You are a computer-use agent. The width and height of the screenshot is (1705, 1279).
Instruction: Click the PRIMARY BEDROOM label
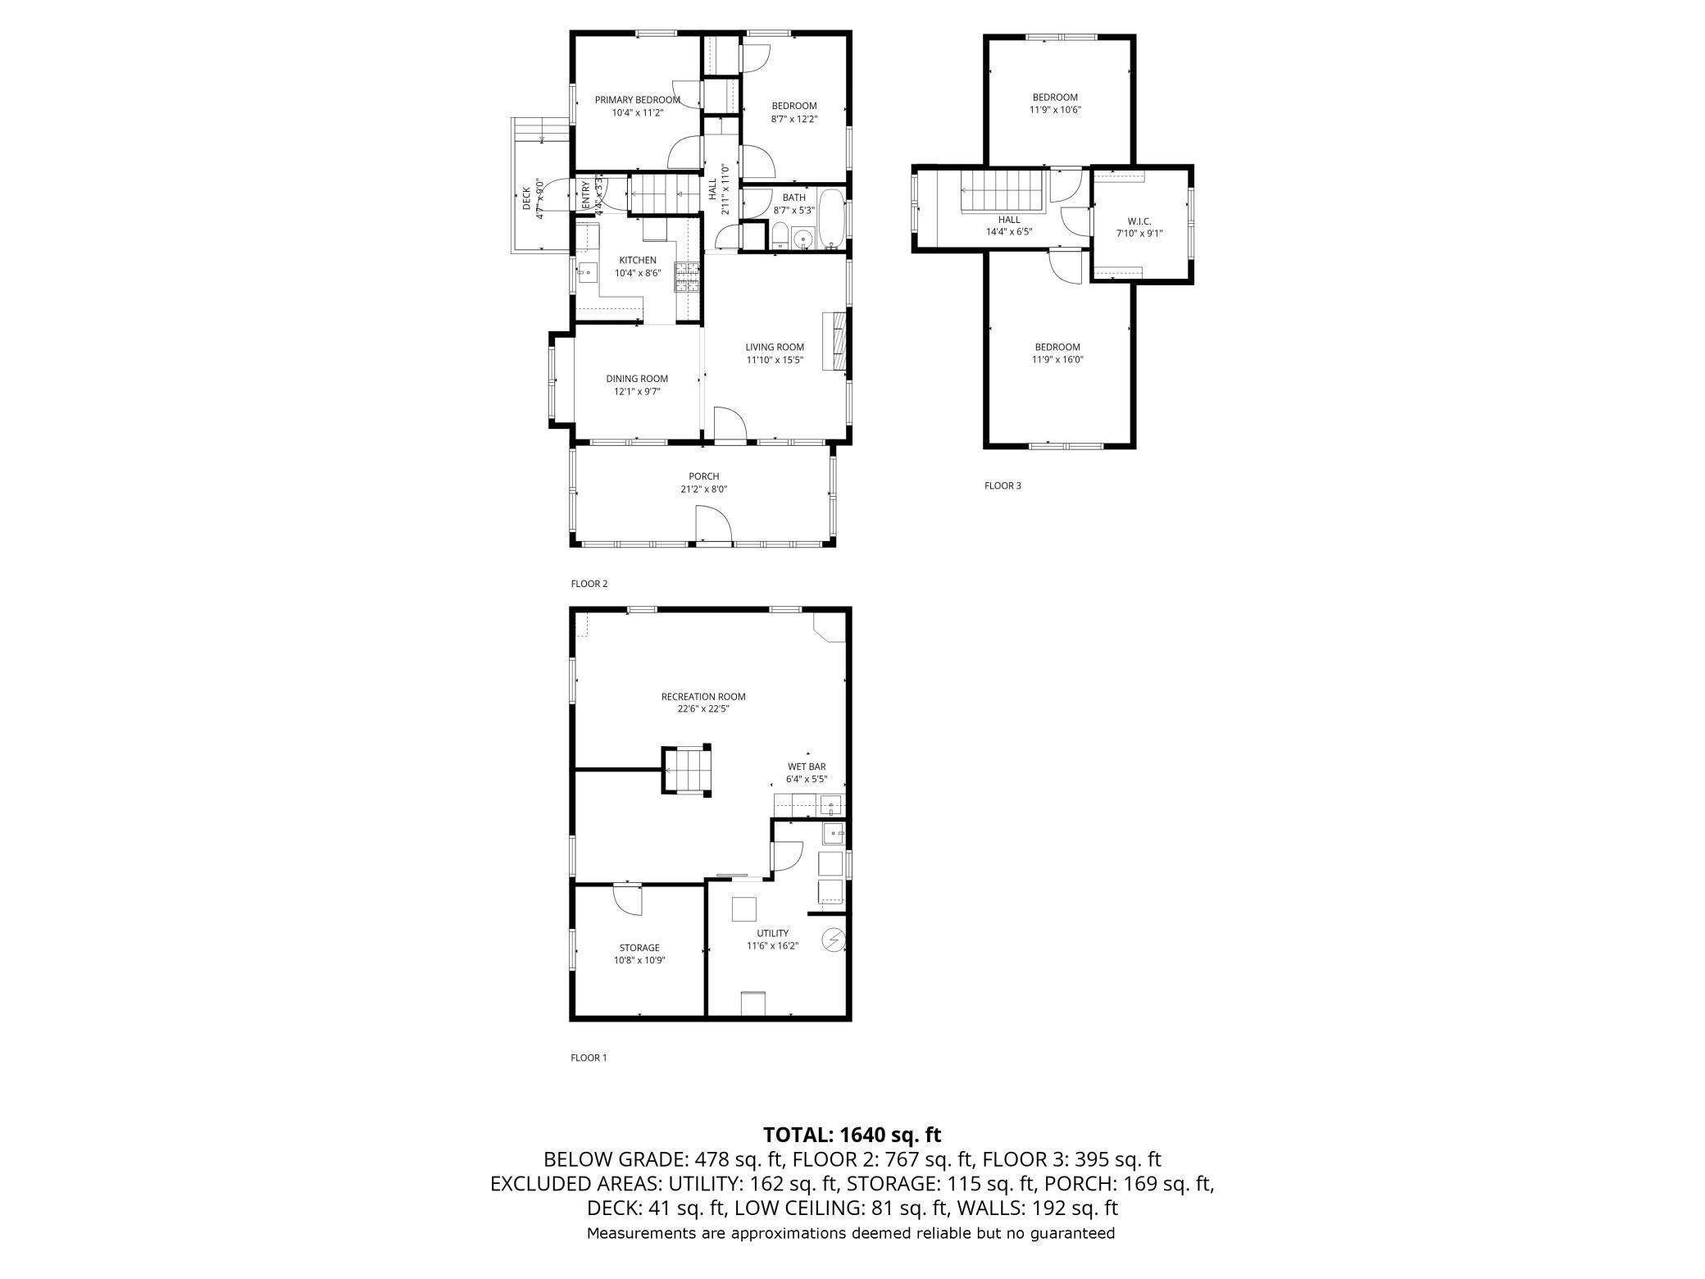[x=637, y=100]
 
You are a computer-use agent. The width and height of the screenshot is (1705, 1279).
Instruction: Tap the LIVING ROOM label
[x=775, y=347]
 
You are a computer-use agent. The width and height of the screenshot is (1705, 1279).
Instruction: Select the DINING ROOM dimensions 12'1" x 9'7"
[x=637, y=392]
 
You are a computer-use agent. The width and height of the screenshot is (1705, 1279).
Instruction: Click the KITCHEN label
[x=638, y=261]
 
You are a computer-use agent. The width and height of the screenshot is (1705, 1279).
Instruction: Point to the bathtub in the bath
[x=831, y=219]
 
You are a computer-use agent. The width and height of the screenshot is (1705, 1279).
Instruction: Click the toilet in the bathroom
[x=780, y=236]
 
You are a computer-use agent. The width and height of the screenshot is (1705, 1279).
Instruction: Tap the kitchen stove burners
[x=687, y=277]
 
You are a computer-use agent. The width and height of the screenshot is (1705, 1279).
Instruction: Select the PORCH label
[x=704, y=476]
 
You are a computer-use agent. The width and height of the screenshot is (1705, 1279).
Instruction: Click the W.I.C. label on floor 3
[x=1139, y=221]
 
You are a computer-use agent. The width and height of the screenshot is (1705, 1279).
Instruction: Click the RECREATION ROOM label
[x=703, y=697]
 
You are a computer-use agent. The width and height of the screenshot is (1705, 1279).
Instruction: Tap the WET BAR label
[x=807, y=767]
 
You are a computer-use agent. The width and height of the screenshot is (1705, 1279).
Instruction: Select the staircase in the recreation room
[x=687, y=770]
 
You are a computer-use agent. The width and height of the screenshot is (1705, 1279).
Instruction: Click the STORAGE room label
[x=639, y=948]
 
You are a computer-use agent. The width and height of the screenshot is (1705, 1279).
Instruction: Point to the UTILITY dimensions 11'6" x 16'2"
[x=772, y=946]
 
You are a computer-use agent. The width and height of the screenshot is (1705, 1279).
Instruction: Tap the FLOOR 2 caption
[x=589, y=584]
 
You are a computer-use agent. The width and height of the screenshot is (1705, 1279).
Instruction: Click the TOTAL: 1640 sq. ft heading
[x=852, y=1135]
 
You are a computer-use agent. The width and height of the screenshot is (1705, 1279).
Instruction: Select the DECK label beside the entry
[x=527, y=199]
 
